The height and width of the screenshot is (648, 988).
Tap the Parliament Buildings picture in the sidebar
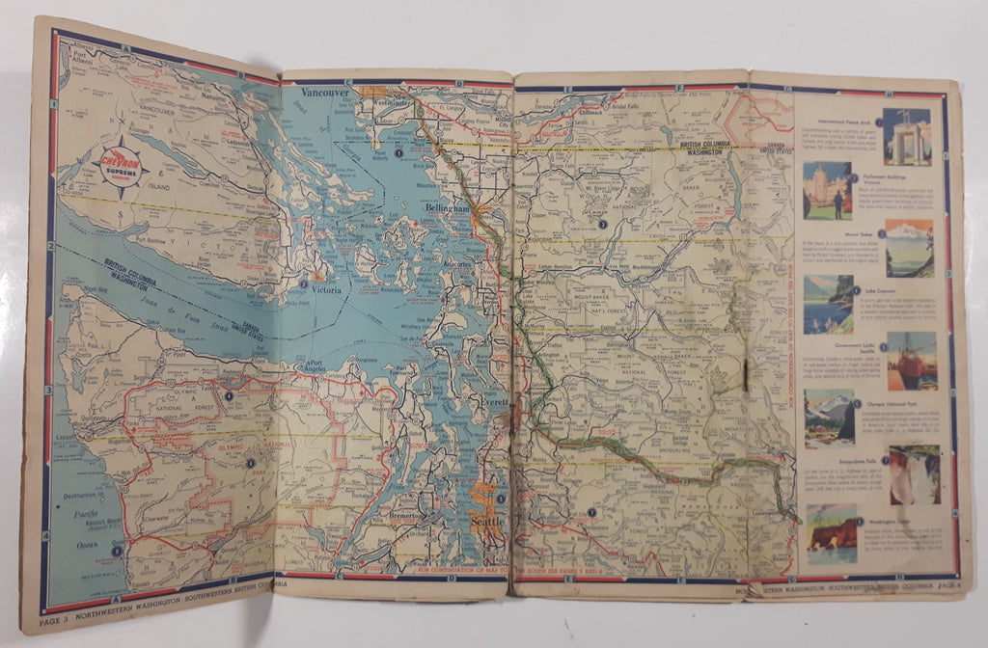pos(827,190)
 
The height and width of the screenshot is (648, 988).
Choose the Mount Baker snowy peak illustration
pos(909,247)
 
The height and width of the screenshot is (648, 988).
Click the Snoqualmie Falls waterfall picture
pos(913,473)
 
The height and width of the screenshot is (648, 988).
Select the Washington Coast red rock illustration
pos(830,531)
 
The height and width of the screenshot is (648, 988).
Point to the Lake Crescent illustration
pos(828,304)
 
